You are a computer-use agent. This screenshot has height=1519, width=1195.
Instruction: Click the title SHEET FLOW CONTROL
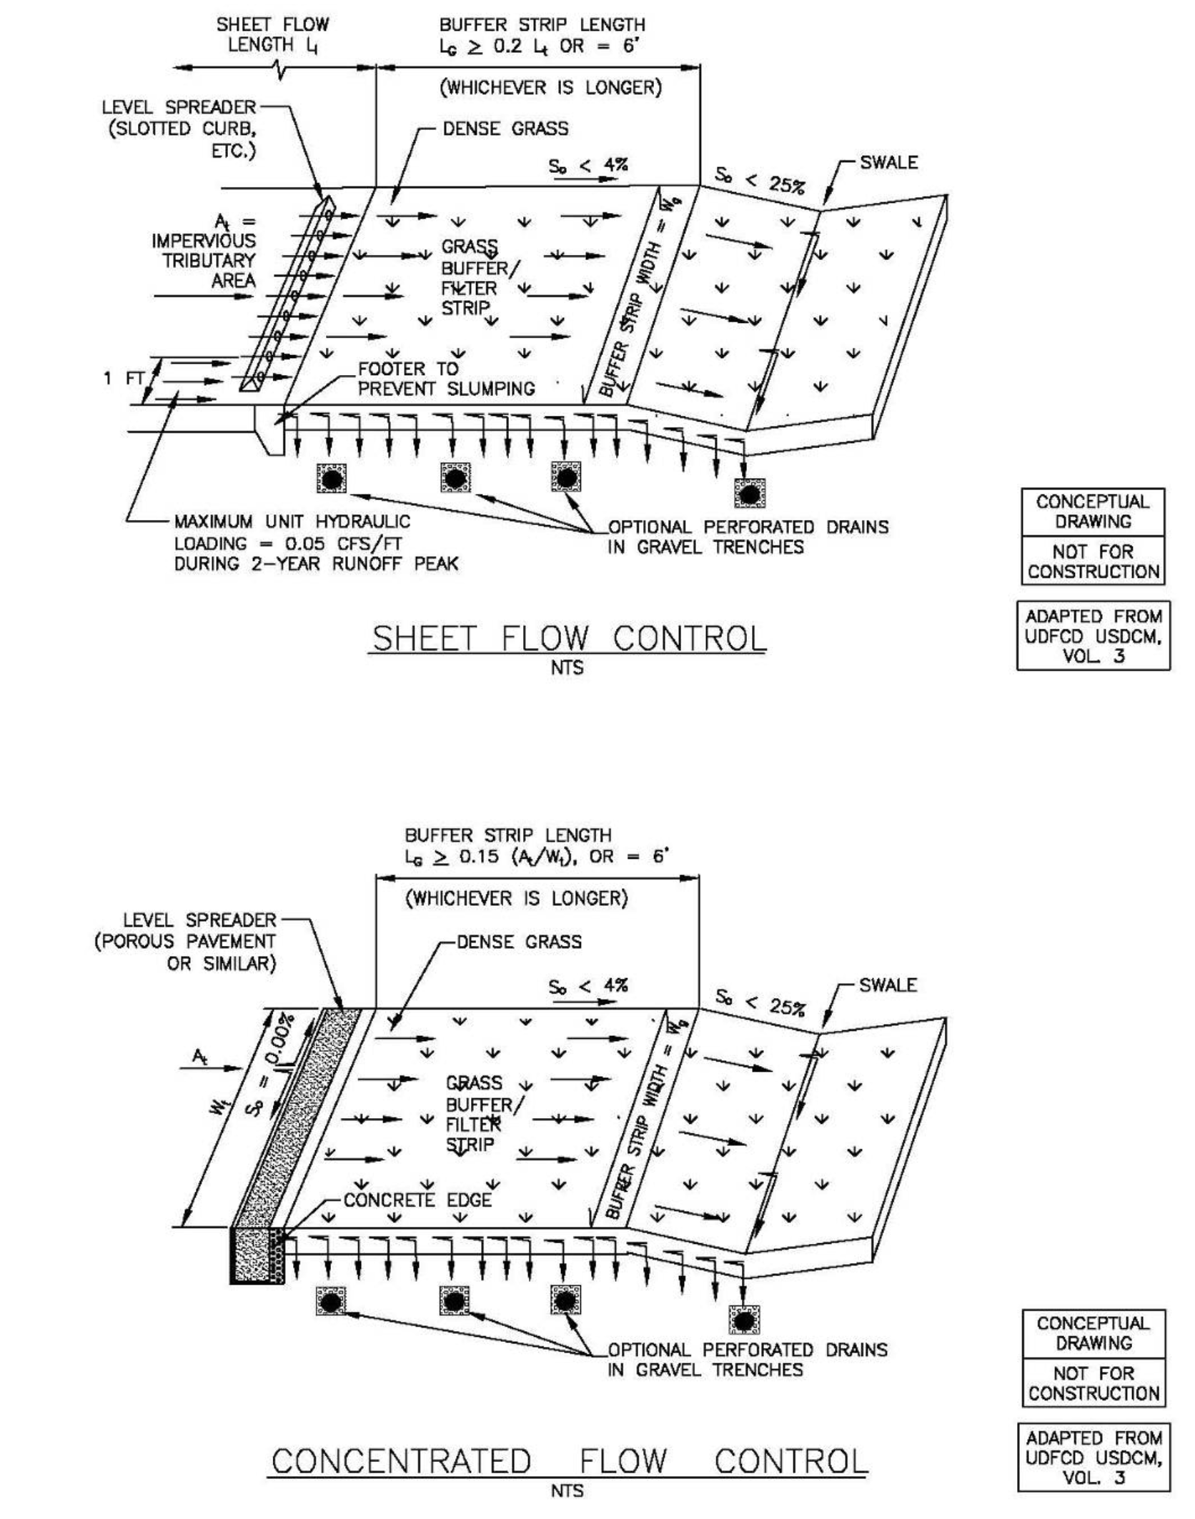(x=569, y=638)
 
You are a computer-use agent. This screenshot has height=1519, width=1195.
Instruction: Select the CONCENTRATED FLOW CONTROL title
(x=569, y=1461)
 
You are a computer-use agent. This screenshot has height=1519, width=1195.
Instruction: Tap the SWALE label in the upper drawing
(x=888, y=163)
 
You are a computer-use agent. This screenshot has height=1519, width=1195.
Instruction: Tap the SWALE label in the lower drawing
(x=888, y=985)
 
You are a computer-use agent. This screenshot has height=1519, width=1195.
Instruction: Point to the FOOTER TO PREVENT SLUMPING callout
(x=446, y=379)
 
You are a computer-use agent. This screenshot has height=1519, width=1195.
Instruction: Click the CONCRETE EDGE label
(x=417, y=1200)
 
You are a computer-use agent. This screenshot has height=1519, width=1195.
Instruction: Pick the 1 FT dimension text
(x=124, y=378)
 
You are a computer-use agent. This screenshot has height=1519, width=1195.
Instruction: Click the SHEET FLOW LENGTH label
(x=272, y=34)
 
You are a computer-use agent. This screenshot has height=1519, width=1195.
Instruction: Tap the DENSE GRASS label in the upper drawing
(x=505, y=129)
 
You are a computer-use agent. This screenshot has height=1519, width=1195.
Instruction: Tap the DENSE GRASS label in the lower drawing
(x=519, y=942)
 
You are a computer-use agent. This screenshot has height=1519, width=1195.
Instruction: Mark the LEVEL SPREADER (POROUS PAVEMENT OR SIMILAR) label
(x=186, y=941)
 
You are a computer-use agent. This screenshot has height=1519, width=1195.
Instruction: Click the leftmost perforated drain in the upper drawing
(x=331, y=478)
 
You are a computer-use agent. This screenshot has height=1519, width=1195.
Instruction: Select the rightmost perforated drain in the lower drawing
(x=744, y=1320)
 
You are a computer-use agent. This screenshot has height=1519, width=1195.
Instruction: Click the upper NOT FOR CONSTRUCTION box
(x=1093, y=561)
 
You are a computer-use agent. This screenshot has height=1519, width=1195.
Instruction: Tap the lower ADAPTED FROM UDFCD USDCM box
(x=1093, y=1458)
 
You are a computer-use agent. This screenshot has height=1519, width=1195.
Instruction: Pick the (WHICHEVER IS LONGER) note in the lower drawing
(x=516, y=898)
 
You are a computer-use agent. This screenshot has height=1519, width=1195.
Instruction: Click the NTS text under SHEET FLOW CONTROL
(x=567, y=668)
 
